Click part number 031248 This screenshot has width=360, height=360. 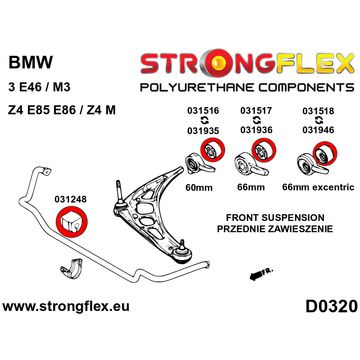click(71, 199)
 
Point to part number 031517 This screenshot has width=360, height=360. click(256, 111)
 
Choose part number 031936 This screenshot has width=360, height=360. click(256, 130)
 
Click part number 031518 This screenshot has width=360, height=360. click(318, 111)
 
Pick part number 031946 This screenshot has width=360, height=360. click(318, 130)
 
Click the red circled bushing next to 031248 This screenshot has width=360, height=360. click(71, 221)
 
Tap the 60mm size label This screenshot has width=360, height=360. click(198, 187)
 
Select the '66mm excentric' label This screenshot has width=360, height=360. click(318, 187)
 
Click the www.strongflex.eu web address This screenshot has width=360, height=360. click(66, 306)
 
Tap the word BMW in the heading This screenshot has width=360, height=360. click(31, 63)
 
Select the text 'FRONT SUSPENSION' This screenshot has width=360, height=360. click(274, 217)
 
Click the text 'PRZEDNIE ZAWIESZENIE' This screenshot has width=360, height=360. click(274, 229)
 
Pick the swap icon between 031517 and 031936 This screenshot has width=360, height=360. click(256, 120)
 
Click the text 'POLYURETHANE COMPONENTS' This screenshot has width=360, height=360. click(247, 87)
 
